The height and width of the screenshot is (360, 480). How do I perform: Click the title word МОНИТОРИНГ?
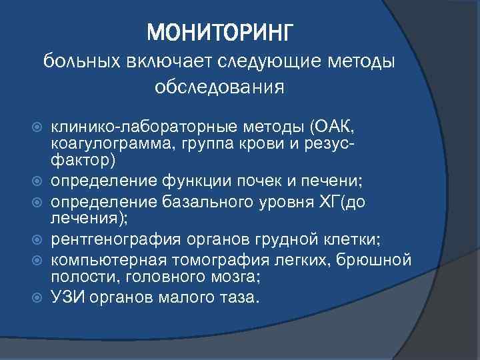pyautogui.click(x=219, y=31)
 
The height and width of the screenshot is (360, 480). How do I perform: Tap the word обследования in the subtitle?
pyautogui.click(x=219, y=87)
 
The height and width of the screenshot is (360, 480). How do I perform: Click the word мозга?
pyautogui.click(x=235, y=275)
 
